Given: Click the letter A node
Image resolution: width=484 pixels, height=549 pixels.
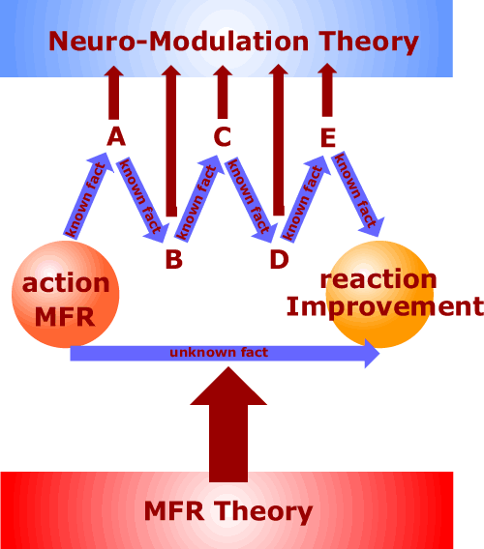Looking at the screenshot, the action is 116,136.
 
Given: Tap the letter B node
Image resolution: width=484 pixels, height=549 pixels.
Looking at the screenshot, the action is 174,259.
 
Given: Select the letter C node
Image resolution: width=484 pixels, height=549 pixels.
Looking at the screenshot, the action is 223,136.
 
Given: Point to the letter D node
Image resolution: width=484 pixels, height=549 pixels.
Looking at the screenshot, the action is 279,259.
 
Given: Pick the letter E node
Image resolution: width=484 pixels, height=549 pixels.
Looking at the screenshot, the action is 328,137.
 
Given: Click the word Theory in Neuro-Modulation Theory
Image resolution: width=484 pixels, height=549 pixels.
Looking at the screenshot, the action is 369,42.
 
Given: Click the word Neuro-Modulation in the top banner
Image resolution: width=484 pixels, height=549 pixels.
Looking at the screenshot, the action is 179,41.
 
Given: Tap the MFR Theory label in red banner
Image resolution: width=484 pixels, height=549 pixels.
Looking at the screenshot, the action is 228,512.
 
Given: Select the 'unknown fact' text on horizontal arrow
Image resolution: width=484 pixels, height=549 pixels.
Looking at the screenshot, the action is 219,352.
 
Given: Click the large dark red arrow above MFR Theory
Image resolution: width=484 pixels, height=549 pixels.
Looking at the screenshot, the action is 228,424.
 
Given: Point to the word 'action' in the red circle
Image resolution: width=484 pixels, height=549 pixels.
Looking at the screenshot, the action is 66,283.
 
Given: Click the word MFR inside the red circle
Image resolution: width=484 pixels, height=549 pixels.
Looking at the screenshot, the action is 65,317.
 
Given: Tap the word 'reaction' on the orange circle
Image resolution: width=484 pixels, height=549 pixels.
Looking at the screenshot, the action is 378,279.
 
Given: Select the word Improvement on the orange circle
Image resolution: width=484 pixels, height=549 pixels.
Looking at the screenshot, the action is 385,307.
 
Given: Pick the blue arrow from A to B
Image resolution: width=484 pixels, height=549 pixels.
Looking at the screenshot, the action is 141,200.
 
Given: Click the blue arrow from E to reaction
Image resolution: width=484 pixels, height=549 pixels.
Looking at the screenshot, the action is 357,194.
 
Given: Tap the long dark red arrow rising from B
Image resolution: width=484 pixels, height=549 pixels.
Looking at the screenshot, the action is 171,141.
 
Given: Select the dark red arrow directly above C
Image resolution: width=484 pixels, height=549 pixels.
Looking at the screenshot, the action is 223,92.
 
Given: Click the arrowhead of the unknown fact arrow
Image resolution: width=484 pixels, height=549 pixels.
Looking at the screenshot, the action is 372,354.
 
